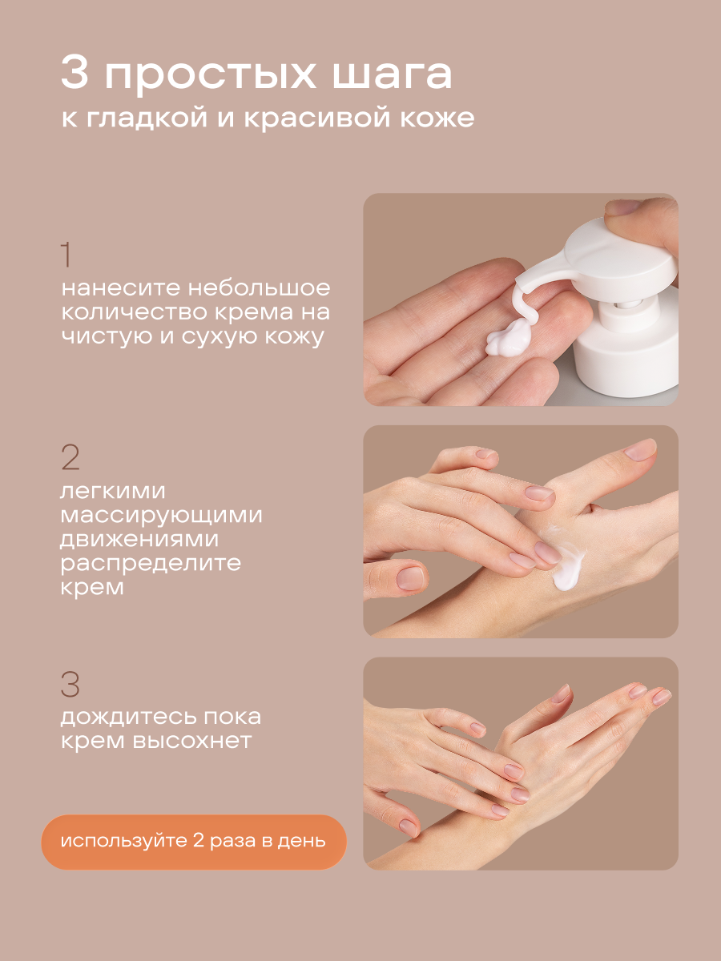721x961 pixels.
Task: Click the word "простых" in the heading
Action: [210, 75]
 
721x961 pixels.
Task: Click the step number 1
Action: [66, 255]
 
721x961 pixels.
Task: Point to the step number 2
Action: [70, 457]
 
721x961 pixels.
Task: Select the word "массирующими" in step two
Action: [161, 516]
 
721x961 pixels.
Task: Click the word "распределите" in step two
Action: [151, 564]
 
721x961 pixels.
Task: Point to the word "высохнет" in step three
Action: [192, 740]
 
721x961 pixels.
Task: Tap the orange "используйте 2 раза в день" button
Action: [194, 842]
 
